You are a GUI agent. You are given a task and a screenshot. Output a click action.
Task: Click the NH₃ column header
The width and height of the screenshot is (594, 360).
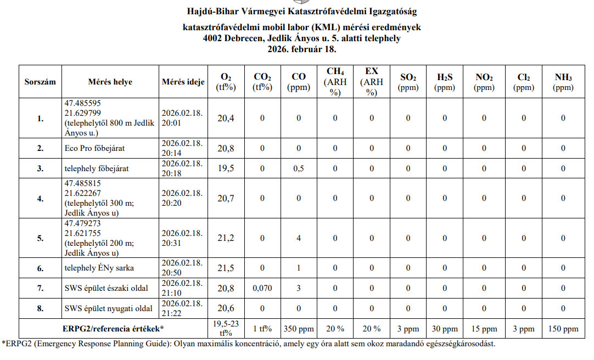563,82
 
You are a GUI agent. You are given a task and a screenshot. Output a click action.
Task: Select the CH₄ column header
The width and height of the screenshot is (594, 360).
335,82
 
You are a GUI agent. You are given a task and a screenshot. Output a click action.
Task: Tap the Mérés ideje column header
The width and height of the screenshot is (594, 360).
183,82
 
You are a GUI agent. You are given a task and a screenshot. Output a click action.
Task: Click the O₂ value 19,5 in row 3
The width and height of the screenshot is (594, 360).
226,168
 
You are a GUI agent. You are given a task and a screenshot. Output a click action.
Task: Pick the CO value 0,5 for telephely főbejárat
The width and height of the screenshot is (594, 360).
299,168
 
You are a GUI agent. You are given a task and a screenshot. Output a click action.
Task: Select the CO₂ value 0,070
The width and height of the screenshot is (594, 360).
262,288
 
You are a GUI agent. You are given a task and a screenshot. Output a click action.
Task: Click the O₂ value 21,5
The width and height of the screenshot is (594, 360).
226,268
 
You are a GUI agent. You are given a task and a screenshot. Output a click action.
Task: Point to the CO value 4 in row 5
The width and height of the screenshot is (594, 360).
299,238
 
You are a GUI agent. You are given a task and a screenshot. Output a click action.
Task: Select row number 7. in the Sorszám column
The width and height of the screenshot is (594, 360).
40,288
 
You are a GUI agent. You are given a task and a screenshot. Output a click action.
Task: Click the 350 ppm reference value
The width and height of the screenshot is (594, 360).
299,329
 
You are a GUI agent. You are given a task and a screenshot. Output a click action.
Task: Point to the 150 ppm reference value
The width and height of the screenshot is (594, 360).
563,329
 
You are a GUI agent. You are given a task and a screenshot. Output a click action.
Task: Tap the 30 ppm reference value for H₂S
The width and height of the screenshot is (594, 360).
445,329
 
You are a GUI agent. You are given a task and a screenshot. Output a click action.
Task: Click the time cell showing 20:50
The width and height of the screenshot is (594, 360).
183,268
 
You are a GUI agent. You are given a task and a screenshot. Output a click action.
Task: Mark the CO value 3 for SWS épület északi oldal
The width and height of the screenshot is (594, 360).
299,288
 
